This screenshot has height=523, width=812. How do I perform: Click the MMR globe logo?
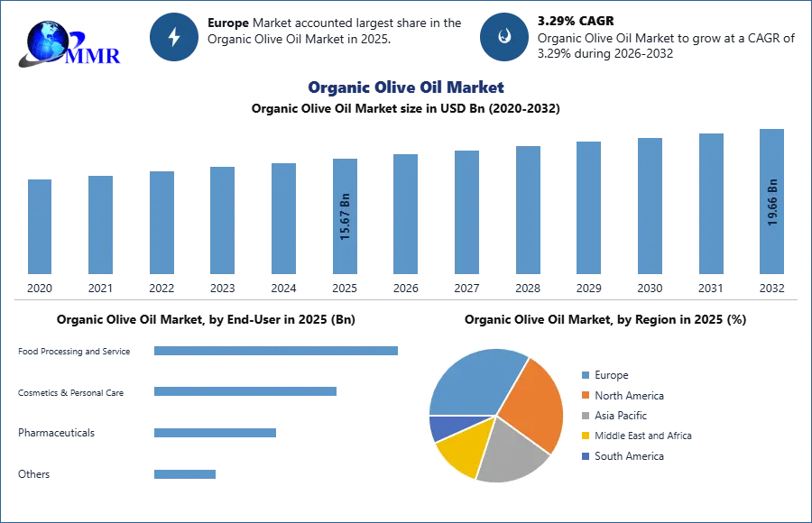click(x=68, y=43)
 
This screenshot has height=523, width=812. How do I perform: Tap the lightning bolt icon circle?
click(x=175, y=37)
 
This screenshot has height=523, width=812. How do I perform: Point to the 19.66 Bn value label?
click(x=772, y=203)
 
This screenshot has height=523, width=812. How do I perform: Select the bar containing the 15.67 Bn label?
click(x=346, y=216)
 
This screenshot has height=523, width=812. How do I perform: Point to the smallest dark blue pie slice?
click(x=442, y=427)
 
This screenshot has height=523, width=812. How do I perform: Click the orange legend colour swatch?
click(x=585, y=396)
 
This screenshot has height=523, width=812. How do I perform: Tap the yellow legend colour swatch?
click(x=585, y=436)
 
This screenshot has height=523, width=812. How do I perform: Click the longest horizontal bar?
click(x=277, y=353)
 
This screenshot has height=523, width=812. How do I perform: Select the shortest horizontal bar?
click(x=184, y=475)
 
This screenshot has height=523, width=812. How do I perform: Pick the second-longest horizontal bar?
click(x=245, y=390)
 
